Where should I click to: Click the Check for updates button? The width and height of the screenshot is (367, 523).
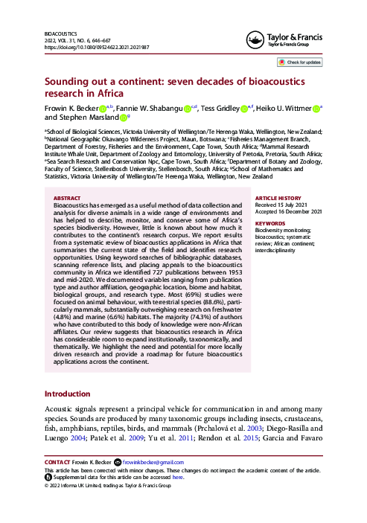[x=301, y=62]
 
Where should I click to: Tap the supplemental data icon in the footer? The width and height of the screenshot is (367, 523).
[x=48, y=478]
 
